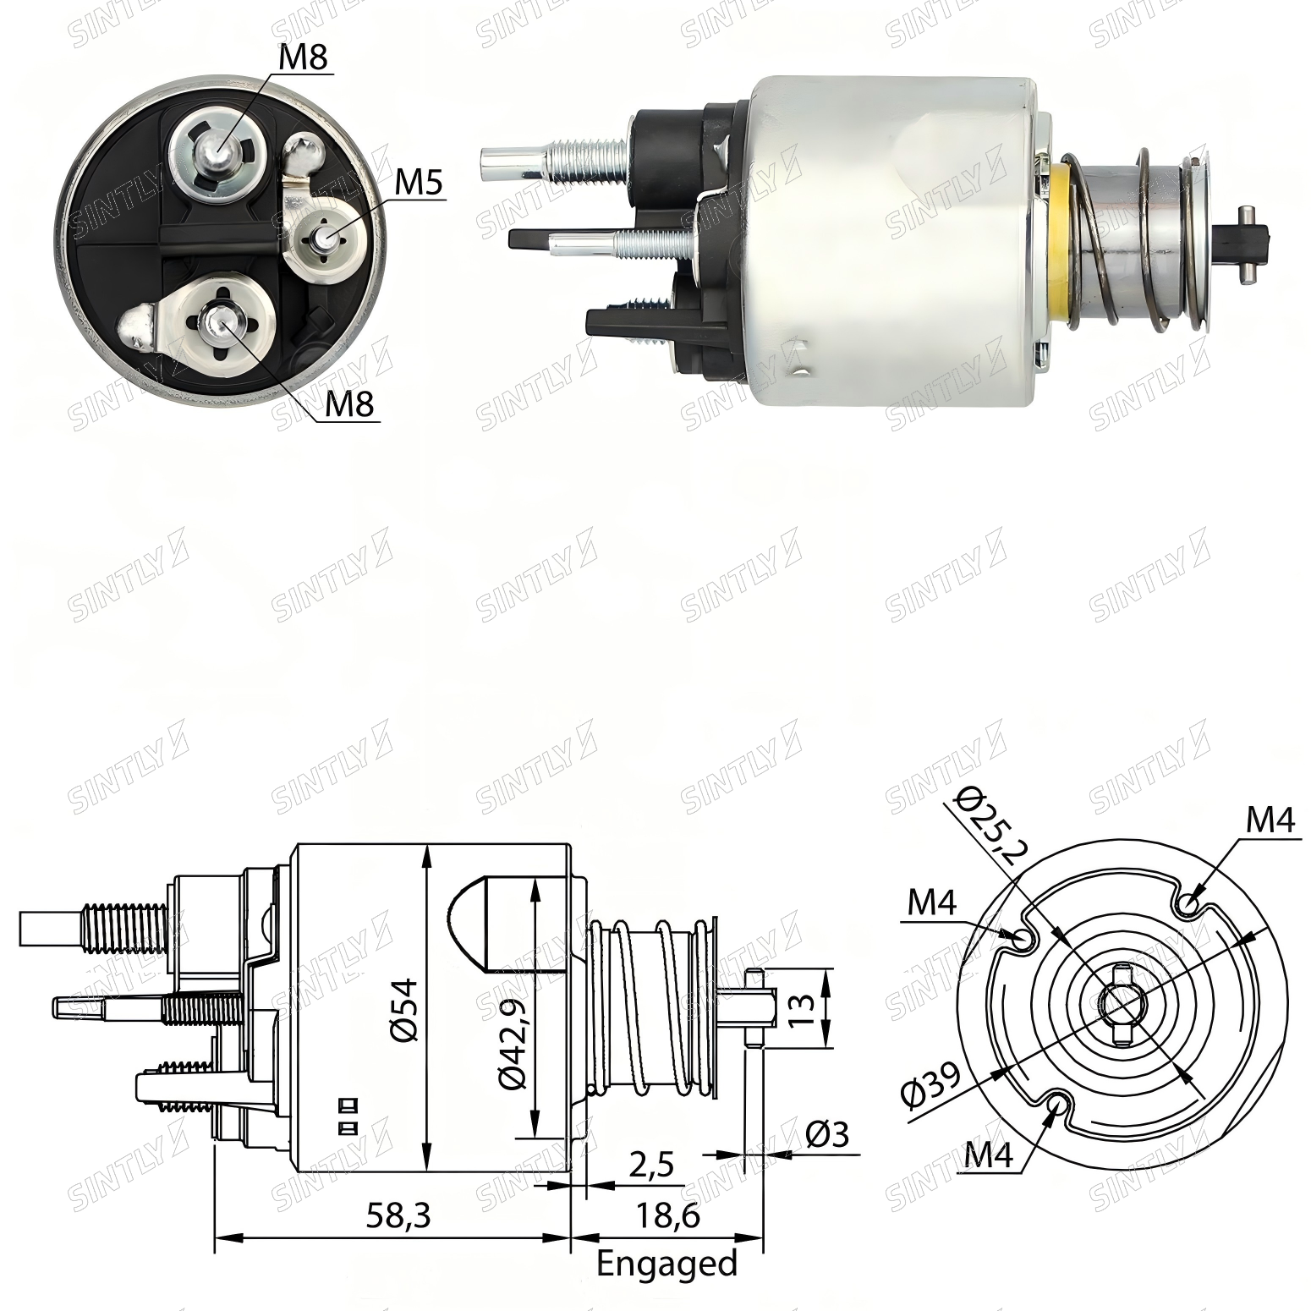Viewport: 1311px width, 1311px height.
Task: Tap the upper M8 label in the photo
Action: (x=303, y=58)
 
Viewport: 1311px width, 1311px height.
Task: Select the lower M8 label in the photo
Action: (x=349, y=404)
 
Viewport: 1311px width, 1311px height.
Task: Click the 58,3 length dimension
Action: (x=398, y=1215)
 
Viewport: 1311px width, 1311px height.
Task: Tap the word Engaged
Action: (x=667, y=1264)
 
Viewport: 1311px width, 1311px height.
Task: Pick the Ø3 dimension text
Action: (x=826, y=1134)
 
